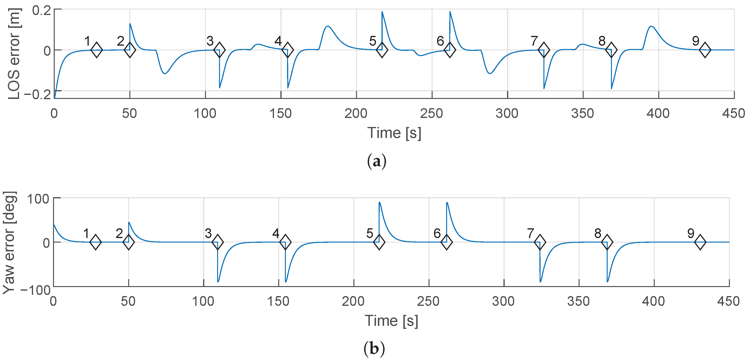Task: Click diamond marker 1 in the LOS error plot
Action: pos(97,50)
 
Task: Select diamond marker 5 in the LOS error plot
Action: pos(382,50)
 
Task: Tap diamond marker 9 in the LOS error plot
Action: pos(705,50)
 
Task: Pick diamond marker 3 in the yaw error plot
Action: pos(217,242)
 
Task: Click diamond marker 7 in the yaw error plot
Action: pos(540,242)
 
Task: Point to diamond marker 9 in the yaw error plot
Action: pos(700,242)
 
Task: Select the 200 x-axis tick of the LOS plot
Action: pos(356,113)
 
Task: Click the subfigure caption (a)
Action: pos(376,161)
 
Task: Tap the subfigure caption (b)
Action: pos(374,349)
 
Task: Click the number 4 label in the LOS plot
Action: pos(278,41)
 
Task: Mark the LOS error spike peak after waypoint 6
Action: pos(450,12)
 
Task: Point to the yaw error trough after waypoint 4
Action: pos(286,282)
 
